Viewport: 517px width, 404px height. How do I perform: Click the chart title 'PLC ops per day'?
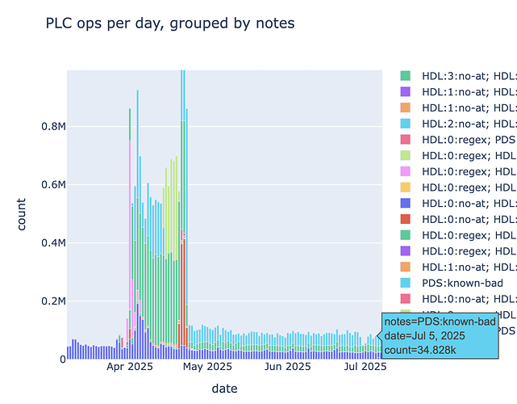pyautogui.click(x=170, y=23)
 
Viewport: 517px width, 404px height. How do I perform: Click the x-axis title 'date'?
pyautogui.click(x=224, y=389)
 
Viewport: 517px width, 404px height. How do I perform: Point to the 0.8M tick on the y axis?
pyautogui.click(x=47, y=127)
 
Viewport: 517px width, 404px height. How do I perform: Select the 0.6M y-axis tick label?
pyautogui.click(x=47, y=185)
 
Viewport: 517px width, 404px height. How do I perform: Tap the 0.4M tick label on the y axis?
pyautogui.click(x=47, y=243)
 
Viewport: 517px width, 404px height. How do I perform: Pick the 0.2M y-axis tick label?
pyautogui.click(x=47, y=301)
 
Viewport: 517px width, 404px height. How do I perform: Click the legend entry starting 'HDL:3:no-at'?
pyautogui.click(x=468, y=75)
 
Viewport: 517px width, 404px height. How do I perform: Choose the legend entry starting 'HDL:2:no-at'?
pyautogui.click(x=468, y=123)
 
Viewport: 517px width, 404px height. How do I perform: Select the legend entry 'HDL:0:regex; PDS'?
pyautogui.click(x=468, y=139)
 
